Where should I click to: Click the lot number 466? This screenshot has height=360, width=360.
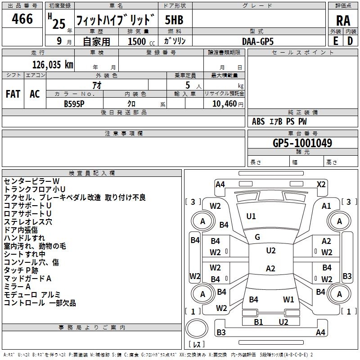tap(22, 18)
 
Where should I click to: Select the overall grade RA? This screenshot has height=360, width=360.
tap(343, 21)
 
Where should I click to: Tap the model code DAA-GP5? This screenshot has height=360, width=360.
tap(258, 41)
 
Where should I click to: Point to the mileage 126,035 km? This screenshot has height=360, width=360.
tap(53, 65)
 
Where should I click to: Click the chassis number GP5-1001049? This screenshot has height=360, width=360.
tap(302, 143)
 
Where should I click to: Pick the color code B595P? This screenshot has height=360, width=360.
tap(74, 104)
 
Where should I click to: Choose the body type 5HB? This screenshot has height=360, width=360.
tap(174, 20)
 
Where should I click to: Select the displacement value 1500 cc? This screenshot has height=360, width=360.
tap(141, 41)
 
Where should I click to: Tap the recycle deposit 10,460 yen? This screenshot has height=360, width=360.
tap(228, 104)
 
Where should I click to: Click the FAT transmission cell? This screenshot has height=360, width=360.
tap(13, 94)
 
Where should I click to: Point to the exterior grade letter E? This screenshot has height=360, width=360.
tap(336, 41)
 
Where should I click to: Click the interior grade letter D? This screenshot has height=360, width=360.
tap(350, 41)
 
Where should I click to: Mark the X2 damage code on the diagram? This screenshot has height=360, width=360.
tap(321, 184)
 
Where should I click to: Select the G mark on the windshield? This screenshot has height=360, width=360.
tap(257, 237)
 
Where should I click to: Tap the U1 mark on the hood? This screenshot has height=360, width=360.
tap(251, 216)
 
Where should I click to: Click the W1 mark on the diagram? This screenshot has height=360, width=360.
tap(288, 300)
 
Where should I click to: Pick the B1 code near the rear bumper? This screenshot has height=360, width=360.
tap(258, 322)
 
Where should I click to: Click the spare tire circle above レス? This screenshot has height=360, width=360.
tap(197, 328)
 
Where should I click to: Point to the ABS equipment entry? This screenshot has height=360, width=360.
tap(258, 121)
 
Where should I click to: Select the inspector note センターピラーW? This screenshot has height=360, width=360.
tap(31, 181)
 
